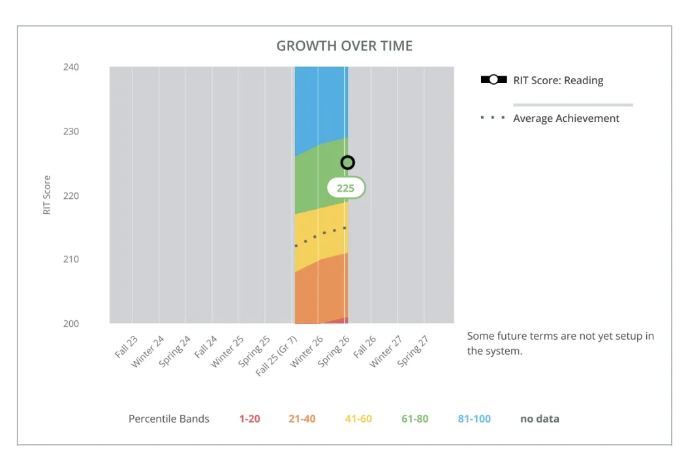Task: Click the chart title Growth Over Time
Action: [x=345, y=46]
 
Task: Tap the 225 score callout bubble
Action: [x=346, y=188]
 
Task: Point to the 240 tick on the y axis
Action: [x=71, y=67]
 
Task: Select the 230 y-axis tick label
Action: [x=71, y=132]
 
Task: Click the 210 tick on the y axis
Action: [x=71, y=259]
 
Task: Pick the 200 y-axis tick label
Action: [x=71, y=323]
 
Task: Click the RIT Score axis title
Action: [x=46, y=195]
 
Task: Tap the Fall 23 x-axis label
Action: [x=126, y=347]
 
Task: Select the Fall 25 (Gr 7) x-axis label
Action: [x=276, y=356]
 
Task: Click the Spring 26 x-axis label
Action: [x=334, y=351]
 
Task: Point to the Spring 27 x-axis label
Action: [x=413, y=351]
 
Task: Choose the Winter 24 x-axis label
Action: [x=148, y=351]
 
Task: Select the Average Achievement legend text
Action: [x=566, y=119]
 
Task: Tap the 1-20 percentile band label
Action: [x=249, y=419]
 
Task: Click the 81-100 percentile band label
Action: [x=475, y=419]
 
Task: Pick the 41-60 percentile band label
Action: [x=358, y=419]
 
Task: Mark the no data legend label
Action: [x=540, y=419]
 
